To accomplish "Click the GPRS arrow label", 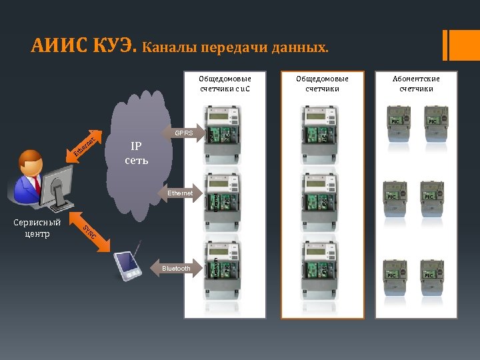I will [183, 133].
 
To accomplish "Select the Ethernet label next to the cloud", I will [179, 193].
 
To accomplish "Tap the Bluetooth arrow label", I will [175, 269].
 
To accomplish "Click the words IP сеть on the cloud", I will [135, 153].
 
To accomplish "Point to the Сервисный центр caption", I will [37, 228].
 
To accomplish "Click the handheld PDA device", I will [128, 266].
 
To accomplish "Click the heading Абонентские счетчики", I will [416, 83].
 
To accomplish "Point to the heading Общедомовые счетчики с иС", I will [221, 83].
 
